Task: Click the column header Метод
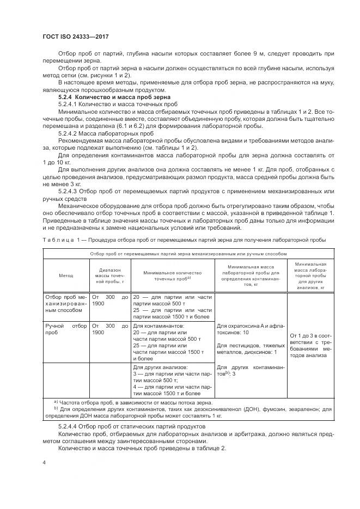pyautogui.click(x=66, y=275)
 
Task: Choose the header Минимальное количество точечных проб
pyautogui.click(x=172, y=275)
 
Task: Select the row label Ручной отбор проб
pyautogui.click(x=65, y=328)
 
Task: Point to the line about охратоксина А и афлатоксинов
pyautogui.click(x=251, y=329)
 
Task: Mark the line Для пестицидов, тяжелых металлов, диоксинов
pyautogui.click(x=251, y=348)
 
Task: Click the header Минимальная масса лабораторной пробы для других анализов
pyautogui.click(x=310, y=275)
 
